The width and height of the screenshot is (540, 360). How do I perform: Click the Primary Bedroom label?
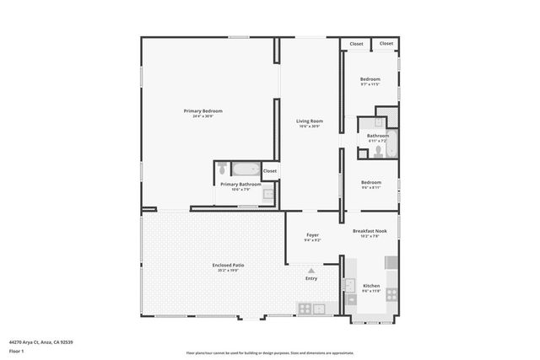(x=208, y=110)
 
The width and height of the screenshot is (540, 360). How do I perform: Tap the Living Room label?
(x=310, y=121)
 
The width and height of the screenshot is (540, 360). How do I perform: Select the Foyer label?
(x=312, y=235)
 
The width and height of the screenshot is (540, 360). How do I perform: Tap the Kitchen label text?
(x=371, y=287)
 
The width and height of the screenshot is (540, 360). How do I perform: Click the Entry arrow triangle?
(x=311, y=270)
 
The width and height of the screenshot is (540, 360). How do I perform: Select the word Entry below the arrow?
(x=311, y=278)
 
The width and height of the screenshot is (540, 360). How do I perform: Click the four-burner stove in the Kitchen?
(x=391, y=293)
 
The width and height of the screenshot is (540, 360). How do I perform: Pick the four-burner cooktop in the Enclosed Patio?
(x=305, y=309)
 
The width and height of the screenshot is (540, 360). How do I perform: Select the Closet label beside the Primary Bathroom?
(x=270, y=170)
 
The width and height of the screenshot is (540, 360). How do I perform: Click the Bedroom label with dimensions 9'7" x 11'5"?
(x=371, y=79)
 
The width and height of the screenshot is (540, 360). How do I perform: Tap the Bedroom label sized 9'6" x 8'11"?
(x=371, y=182)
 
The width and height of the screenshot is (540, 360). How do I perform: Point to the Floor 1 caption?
(x=16, y=350)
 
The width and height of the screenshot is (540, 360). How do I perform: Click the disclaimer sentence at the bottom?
(x=269, y=351)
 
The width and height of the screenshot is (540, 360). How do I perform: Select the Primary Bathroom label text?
(x=240, y=184)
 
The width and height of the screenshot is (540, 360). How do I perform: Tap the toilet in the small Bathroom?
(x=378, y=151)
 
